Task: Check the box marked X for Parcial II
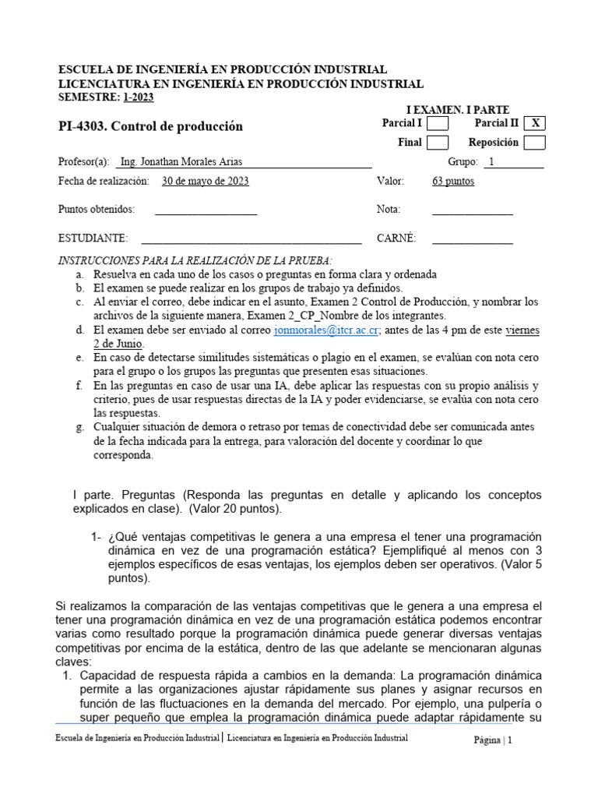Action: pyautogui.click(x=534, y=123)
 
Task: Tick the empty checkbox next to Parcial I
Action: pyautogui.click(x=438, y=123)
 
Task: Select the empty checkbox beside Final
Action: pyautogui.click(x=438, y=143)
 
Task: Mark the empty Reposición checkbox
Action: pyautogui.click(x=534, y=143)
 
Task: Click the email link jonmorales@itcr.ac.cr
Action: pyautogui.click(x=326, y=330)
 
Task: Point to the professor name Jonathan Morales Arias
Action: pyautogui.click(x=182, y=162)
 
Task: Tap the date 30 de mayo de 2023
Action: pyautogui.click(x=206, y=182)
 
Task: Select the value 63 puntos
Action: pyautogui.click(x=452, y=182)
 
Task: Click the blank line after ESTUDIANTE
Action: pyautogui.click(x=251, y=238)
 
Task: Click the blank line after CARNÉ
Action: pyautogui.click(x=472, y=238)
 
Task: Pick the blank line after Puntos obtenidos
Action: pyautogui.click(x=206, y=210)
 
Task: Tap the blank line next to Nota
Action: pyautogui.click(x=472, y=210)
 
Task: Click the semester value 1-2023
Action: pyautogui.click(x=138, y=97)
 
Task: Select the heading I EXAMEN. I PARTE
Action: pyautogui.click(x=457, y=111)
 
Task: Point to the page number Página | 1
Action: pyautogui.click(x=493, y=741)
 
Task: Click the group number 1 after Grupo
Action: pyautogui.click(x=491, y=162)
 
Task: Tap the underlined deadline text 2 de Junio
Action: pyautogui.click(x=118, y=344)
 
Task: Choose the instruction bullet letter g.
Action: pyautogui.click(x=79, y=427)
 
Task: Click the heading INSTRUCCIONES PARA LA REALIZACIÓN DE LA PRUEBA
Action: pyautogui.click(x=195, y=260)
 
